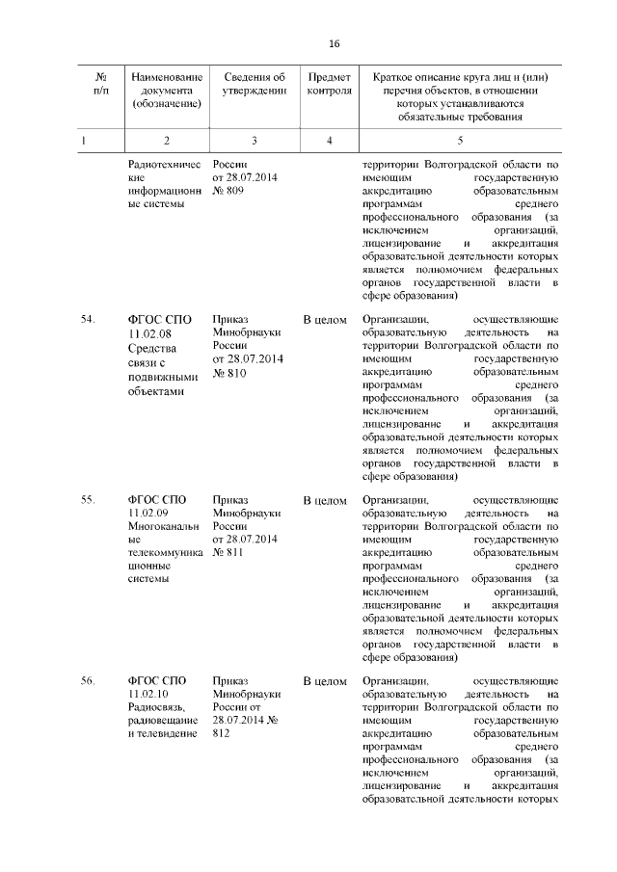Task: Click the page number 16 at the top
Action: [335, 44]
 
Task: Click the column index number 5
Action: [459, 141]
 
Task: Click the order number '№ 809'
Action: [228, 192]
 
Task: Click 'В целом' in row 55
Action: [325, 500]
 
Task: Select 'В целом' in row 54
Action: [325, 319]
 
